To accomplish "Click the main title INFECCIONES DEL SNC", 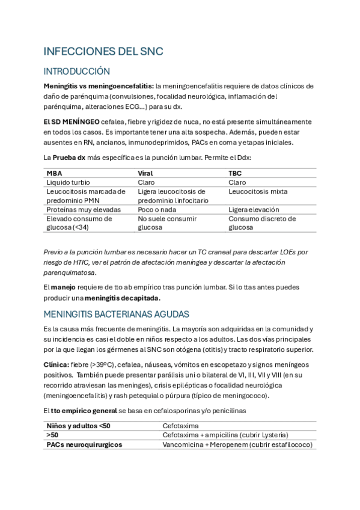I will (x=103, y=52).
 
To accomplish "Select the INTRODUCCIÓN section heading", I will (x=76, y=71).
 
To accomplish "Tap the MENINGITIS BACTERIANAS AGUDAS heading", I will (x=117, y=314).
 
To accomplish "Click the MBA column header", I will (x=54, y=173).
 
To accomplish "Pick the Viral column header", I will (x=146, y=173).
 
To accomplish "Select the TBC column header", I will (x=236, y=173).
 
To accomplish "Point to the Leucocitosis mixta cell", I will (x=258, y=191).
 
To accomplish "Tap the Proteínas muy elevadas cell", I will (x=84, y=209).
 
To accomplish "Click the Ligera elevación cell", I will (x=254, y=209).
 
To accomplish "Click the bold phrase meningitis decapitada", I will (x=123, y=298).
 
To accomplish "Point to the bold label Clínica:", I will (x=56, y=364).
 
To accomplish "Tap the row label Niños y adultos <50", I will (x=79, y=426).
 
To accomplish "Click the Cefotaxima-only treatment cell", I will (x=183, y=426).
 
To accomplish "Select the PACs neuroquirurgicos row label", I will (x=84, y=444).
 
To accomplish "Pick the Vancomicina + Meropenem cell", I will (x=237, y=444).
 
